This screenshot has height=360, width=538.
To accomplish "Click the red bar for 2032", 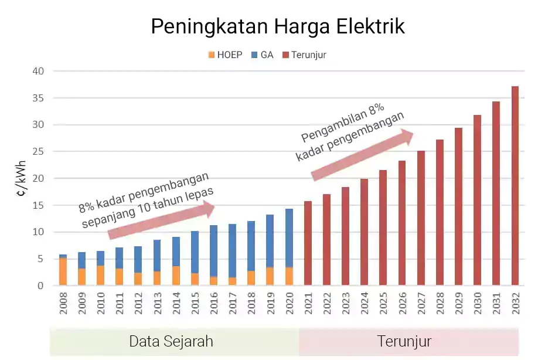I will [515, 186].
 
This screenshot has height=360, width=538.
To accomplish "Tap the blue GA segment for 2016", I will [213, 251].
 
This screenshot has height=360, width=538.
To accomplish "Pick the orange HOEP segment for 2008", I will [63, 271].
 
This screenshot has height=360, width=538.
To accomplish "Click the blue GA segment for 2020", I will [289, 238].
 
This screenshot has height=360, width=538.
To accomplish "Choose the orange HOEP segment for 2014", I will [176, 276].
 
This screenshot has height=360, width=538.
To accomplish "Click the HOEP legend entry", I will [225, 55].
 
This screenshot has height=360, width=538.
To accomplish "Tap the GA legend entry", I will [262, 55].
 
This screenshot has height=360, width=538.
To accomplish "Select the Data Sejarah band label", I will [171, 341].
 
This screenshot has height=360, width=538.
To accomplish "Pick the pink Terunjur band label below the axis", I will [404, 341].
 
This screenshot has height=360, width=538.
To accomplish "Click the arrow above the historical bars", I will [161, 220].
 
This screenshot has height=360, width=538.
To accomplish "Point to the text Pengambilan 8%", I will [343, 124].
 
